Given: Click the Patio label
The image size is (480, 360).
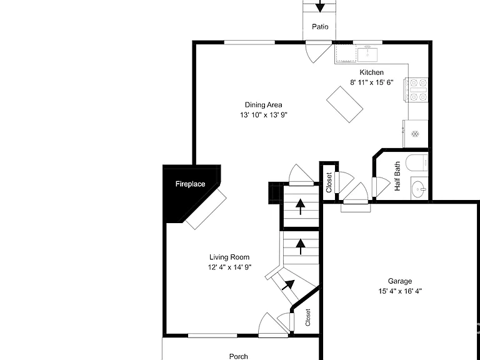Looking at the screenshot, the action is click(320, 27).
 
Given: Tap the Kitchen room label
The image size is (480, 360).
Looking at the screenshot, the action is click(371, 72).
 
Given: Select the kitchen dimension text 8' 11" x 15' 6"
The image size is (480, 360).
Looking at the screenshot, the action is click(372, 82).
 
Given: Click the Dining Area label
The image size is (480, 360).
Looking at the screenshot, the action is click(263, 105).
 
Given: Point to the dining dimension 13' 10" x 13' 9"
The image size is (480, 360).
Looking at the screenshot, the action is click(264, 115).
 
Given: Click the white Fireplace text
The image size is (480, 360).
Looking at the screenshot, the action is click(190, 184).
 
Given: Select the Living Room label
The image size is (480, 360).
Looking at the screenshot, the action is click(229, 257).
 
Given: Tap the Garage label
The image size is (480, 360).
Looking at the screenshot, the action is click(400, 281).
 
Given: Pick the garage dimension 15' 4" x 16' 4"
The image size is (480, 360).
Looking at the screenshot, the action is click(400, 291).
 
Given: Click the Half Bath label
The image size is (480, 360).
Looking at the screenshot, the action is click(397, 176).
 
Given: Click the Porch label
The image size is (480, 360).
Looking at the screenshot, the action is click(239, 356).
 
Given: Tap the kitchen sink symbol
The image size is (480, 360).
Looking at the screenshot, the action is click(367, 54).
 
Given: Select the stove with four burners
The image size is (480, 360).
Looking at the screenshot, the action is click(417, 90).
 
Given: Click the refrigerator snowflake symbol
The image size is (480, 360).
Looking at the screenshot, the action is click(415, 134).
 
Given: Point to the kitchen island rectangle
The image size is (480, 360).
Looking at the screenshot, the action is click(345, 104).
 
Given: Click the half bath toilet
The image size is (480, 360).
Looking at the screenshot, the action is click(417, 163).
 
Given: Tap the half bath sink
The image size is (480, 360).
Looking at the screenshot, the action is click(419, 189).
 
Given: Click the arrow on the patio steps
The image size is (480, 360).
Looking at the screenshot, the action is click(320, 6).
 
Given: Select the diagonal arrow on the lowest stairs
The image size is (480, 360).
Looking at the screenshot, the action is click(288, 285).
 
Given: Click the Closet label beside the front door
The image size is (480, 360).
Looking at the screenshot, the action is click(308, 317).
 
